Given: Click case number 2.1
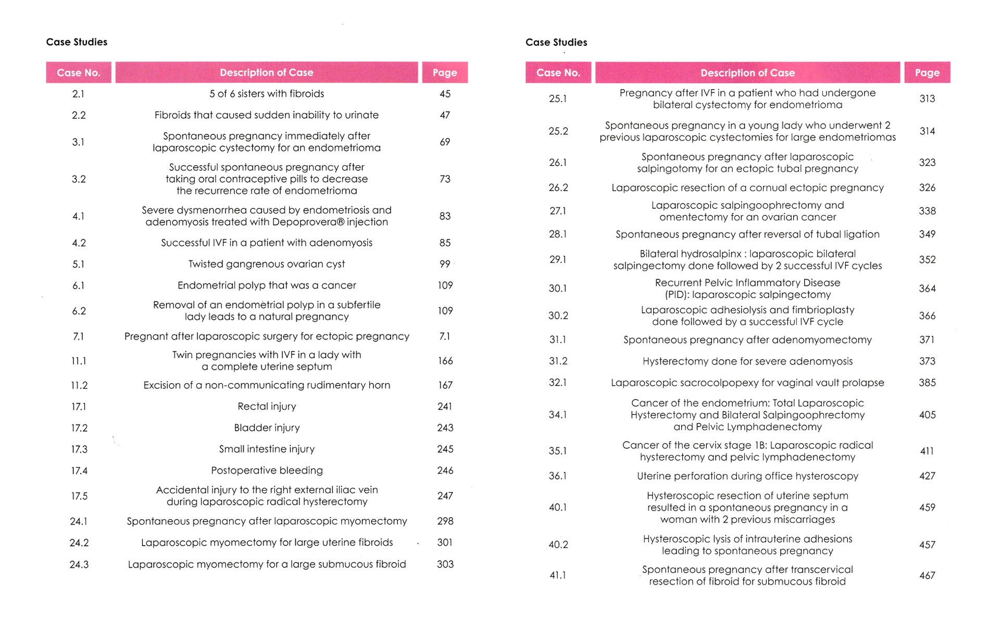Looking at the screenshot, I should pos(78,94).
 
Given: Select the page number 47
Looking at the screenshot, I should pos(445,115).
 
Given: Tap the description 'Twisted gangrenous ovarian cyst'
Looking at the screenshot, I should pos(267,264).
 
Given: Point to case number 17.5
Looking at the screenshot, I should pos(79,496).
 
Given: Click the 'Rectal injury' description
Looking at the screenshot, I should pos(267,406).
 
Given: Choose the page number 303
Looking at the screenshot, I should pos(445,564).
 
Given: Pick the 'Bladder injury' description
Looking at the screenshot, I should pos(267,428).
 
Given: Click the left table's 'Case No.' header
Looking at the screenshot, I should pos(79,73).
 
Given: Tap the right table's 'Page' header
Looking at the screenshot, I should pos(927,73).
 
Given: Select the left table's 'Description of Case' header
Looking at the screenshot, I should pos(267,73).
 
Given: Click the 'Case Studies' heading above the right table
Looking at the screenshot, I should pos(556,42).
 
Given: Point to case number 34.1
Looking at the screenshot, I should pos(558,415).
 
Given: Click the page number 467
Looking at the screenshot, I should pos(927,576).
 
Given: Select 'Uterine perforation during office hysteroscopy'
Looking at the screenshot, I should pos(747,476).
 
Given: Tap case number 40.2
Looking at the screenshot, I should pos(558,545).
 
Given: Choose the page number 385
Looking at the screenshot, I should pos(927,382).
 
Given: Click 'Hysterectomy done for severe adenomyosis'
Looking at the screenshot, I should pos(747,361).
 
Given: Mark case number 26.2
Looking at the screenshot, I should pos(558,187).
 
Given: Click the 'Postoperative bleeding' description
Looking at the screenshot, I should pos(267,470).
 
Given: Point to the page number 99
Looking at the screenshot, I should pos(445,264).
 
